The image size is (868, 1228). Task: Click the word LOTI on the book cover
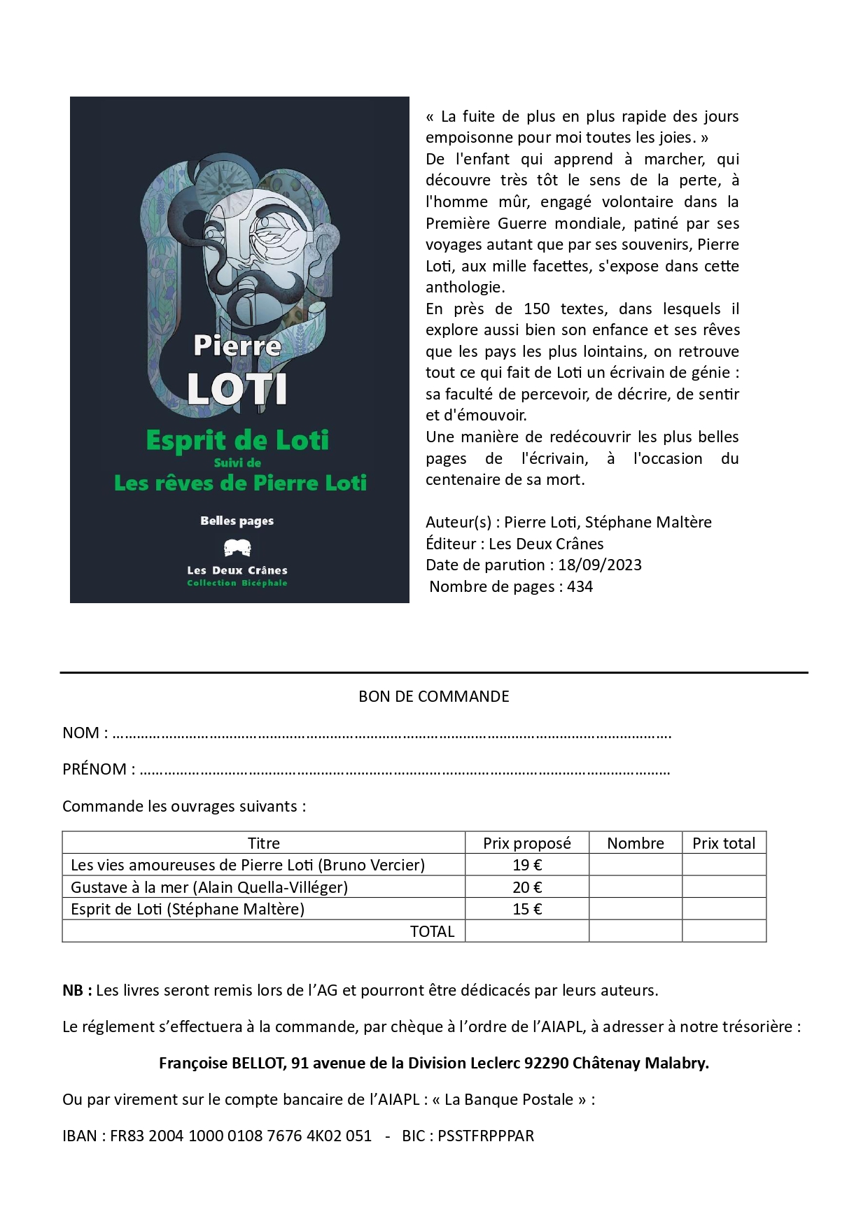(x=237, y=389)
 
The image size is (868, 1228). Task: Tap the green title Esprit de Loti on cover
(x=237, y=441)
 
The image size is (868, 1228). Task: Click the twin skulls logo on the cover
(x=237, y=548)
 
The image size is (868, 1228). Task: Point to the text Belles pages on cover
(x=237, y=521)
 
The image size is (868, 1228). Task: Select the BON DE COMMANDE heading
(x=433, y=697)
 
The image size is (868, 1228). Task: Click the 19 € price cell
(x=527, y=865)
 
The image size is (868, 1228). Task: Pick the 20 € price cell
(x=527, y=887)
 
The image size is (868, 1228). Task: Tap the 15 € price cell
(x=527, y=909)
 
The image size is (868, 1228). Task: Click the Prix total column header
(x=724, y=843)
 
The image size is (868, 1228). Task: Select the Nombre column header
(x=636, y=843)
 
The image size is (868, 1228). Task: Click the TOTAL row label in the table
(x=432, y=931)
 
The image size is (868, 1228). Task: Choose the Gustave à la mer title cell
(x=209, y=887)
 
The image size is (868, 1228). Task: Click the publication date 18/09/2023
(x=600, y=565)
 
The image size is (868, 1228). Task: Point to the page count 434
(x=580, y=587)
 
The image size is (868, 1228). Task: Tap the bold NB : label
(x=77, y=991)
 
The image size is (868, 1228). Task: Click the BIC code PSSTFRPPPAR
(x=486, y=1136)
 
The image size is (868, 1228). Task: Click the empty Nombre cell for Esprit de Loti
(x=636, y=909)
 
